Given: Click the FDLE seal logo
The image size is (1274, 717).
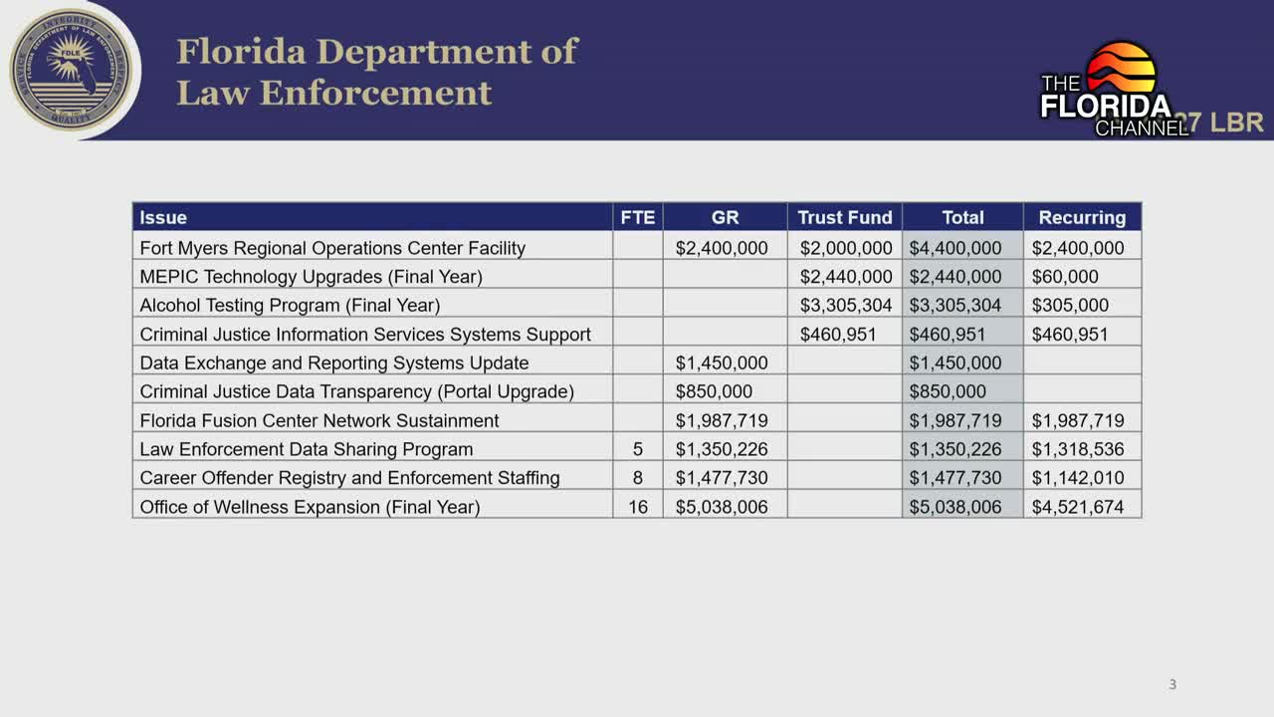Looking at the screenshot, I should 70,70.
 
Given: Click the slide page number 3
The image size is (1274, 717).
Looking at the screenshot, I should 1172,685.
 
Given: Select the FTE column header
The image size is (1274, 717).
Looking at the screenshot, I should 638,217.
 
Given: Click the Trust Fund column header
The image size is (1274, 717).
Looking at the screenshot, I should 844,217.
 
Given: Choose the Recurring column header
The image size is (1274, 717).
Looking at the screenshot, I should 1082,217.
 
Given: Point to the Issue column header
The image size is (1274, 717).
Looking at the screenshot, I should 163,217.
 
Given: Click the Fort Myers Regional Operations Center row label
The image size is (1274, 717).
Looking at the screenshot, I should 332,248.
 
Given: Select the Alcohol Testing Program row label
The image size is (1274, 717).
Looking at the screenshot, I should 290,305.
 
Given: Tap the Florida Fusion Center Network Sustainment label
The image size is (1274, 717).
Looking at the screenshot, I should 319,420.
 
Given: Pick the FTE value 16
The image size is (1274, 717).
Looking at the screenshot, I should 638,507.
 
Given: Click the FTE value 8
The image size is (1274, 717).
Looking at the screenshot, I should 638,478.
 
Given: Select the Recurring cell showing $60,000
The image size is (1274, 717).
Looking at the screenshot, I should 1065,277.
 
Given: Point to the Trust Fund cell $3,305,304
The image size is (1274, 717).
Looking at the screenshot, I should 846,305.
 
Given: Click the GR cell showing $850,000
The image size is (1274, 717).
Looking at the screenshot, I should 714,391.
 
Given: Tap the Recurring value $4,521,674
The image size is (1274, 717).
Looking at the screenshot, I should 1078,507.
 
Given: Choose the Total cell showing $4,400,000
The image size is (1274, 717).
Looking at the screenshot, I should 955,248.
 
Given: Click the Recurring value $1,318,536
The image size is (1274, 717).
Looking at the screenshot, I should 1078,449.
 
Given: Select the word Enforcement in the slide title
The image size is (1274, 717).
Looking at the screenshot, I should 376,93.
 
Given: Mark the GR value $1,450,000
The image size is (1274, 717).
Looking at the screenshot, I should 722,362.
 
